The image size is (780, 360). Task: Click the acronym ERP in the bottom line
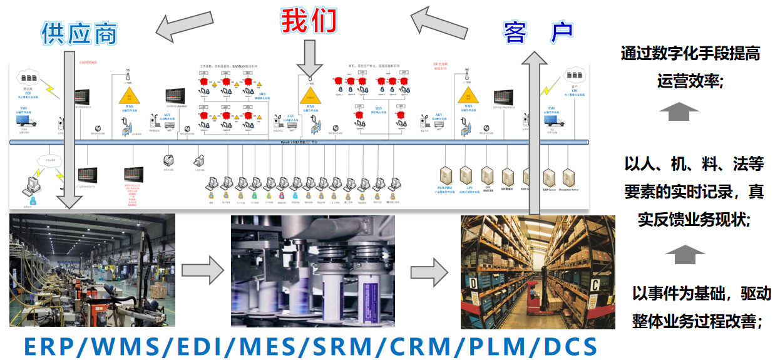coord(52,346)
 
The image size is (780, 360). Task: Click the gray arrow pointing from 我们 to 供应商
coord(187,25)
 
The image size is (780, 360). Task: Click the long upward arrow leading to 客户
coord(534,138)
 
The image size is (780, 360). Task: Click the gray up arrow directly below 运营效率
coord(679,112)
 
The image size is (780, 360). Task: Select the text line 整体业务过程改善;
coord(697,322)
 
